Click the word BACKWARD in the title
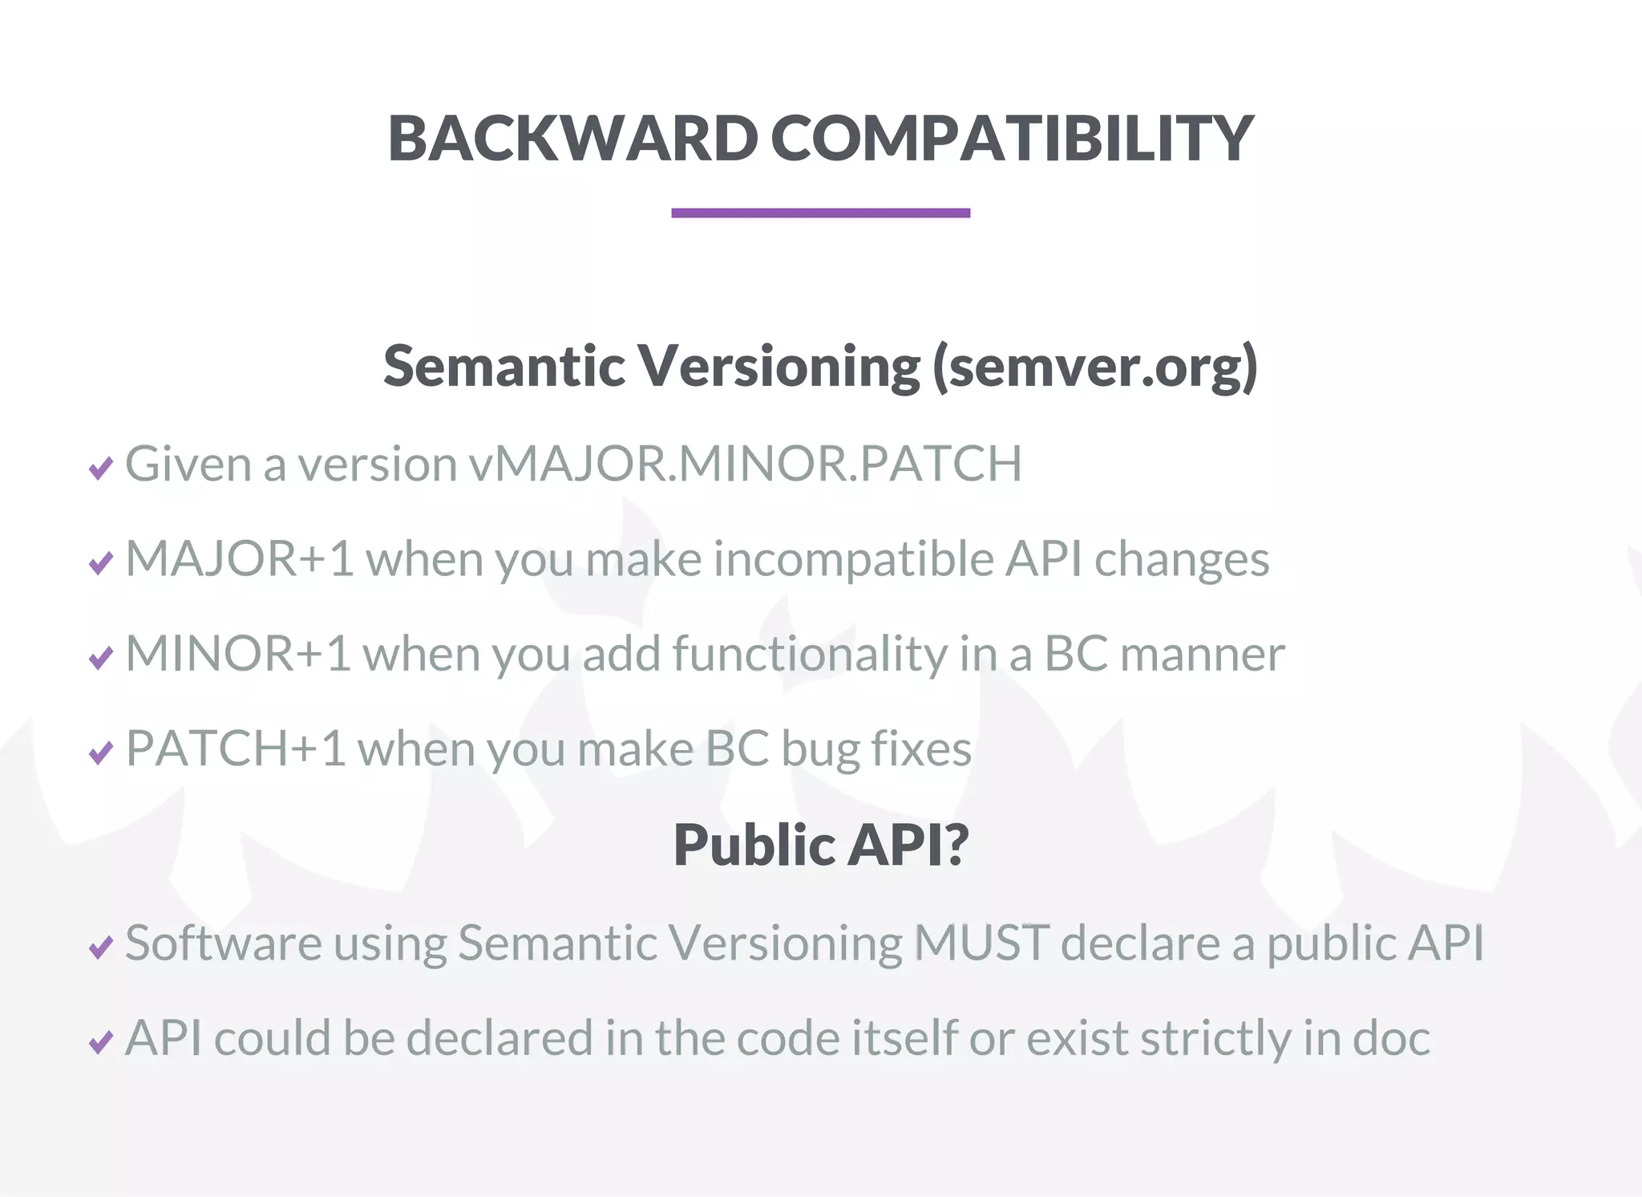pyautogui.click(x=572, y=138)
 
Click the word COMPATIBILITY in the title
pyautogui.click(x=1012, y=138)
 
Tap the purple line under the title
pyautogui.click(x=820, y=213)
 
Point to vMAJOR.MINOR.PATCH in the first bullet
pyautogui.click(x=746, y=464)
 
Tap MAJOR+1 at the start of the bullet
pyautogui.click(x=239, y=558)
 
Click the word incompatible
pyautogui.click(x=853, y=558)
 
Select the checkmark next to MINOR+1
pyautogui.click(x=101, y=657)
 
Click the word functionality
pyautogui.click(x=810, y=654)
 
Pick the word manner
pyautogui.click(x=1202, y=654)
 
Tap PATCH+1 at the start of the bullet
pyautogui.click(x=236, y=749)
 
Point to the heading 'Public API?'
pyautogui.click(x=821, y=845)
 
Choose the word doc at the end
pyautogui.click(x=1391, y=1038)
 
